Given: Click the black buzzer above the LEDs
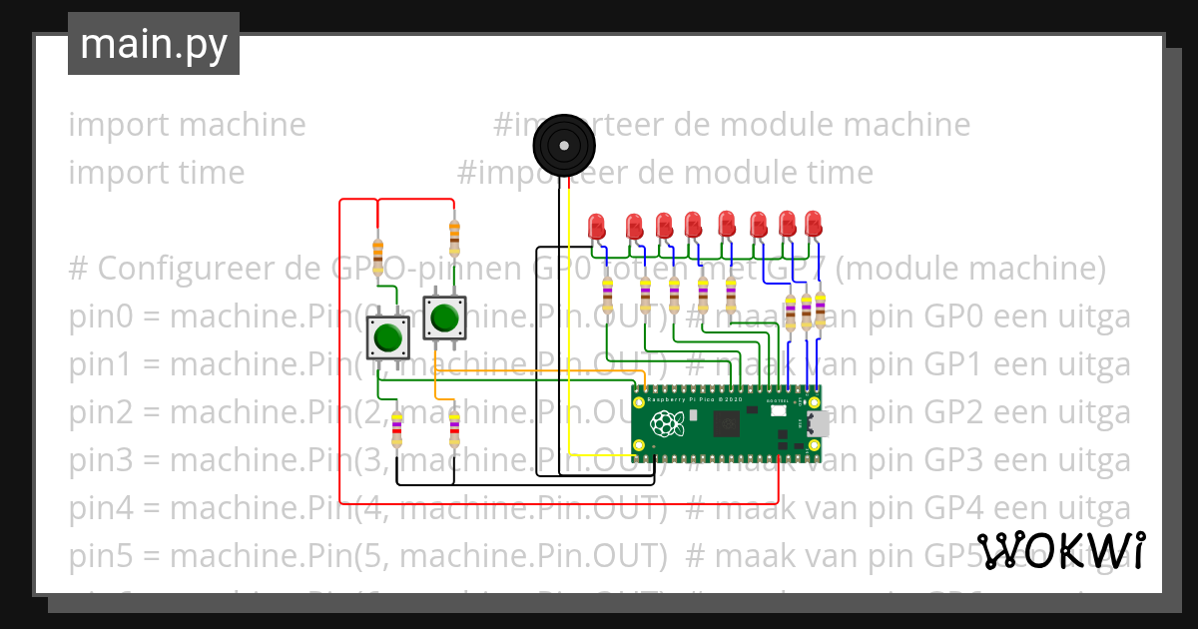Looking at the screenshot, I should pos(564,146).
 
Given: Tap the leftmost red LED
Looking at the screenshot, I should pos(597,226).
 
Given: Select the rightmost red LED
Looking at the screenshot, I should pos(814,223).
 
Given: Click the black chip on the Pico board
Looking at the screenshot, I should pos(726,425).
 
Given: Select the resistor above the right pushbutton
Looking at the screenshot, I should pos(454,237).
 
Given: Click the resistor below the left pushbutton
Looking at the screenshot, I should pos(397,429).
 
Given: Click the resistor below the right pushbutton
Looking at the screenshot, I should pos(454,429).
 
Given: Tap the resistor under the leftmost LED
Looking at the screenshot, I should pos(608,295).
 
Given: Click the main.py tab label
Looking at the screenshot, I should pos(153,44).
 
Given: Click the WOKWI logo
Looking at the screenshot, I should pos(1060,550).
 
